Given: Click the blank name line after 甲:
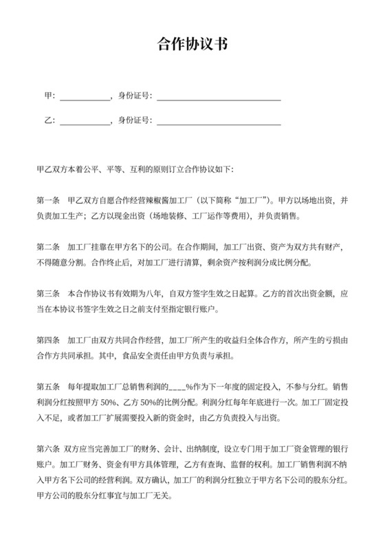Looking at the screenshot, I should pyautogui.click(x=85, y=97).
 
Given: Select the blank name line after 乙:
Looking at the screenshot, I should pyautogui.click(x=85, y=122).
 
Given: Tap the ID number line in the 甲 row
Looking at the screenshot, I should pyautogui.click(x=219, y=97).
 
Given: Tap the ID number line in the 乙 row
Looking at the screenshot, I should pyautogui.click(x=219, y=122).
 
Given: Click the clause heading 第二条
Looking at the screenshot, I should pyautogui.click(x=47, y=246).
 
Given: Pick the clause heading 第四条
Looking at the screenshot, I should pyautogui.click(x=47, y=340).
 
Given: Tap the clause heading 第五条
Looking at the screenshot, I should pyautogui.click(x=47, y=387).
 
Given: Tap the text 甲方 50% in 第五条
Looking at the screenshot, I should pyautogui.click(x=109, y=403).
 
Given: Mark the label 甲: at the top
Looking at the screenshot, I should pyautogui.click(x=49, y=96).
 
